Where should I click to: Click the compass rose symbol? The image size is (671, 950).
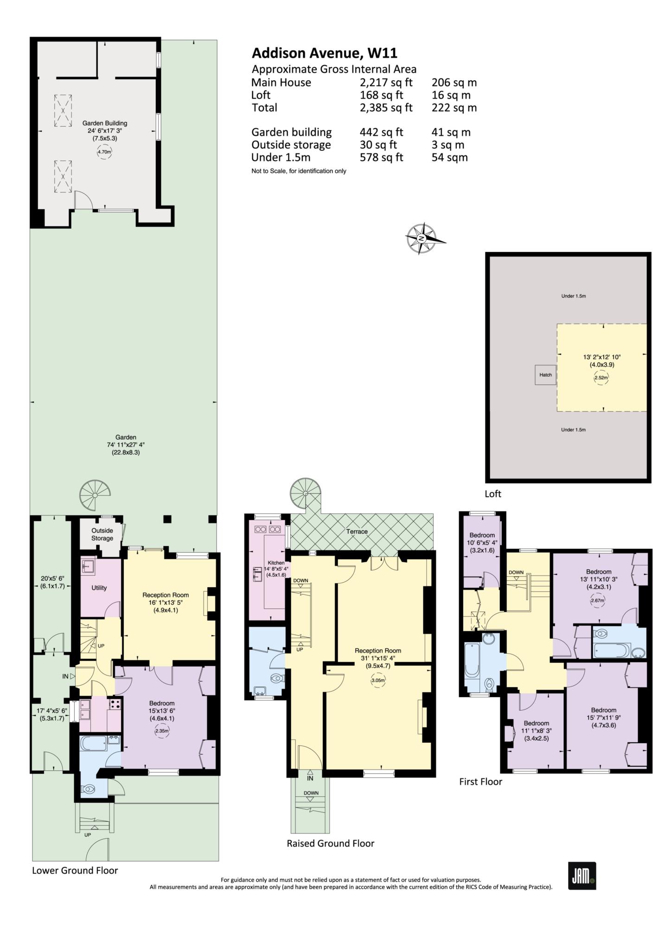point(422,238)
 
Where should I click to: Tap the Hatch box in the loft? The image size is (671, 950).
point(545,375)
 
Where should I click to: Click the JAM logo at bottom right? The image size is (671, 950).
point(582,876)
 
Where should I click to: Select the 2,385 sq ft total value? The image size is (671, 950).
point(386,108)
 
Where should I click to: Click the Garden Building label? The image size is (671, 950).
point(105,123)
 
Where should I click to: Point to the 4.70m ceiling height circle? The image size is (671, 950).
point(105,152)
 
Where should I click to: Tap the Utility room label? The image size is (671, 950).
point(99,588)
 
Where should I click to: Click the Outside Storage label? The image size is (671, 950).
point(102,534)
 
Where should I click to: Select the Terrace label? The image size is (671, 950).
point(357,532)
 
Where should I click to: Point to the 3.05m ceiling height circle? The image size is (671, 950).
point(378,681)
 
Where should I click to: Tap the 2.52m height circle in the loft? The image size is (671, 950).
point(601,378)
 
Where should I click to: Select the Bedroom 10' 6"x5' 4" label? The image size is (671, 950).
point(482,542)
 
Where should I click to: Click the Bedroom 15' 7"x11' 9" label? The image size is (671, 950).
point(603,718)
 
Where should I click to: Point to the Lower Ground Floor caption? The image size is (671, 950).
point(75,871)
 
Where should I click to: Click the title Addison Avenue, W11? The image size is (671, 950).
point(324,53)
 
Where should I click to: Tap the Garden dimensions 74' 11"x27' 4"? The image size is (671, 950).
point(126,444)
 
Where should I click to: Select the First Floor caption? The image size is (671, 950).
point(480,782)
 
